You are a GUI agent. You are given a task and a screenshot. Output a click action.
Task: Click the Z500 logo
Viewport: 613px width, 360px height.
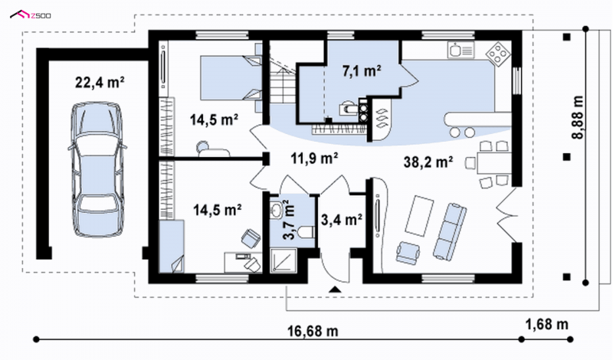(x=30, y=15)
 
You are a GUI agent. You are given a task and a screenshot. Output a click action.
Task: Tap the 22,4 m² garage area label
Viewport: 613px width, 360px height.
(x=100, y=83)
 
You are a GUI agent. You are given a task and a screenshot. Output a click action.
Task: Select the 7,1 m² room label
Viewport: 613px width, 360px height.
(x=362, y=70)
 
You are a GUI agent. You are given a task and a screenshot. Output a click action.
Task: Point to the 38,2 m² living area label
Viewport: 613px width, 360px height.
(x=428, y=162)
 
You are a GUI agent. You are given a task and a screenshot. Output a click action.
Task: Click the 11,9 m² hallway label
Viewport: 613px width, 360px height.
(x=314, y=159)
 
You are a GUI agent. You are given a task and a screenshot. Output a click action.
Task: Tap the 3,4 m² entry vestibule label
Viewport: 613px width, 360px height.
(x=341, y=220)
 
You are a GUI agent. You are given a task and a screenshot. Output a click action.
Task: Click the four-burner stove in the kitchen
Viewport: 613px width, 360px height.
(x=498, y=52)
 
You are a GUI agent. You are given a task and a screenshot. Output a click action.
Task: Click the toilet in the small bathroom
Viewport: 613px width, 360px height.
(x=306, y=231)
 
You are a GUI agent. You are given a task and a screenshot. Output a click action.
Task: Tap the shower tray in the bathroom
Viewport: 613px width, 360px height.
(x=284, y=260)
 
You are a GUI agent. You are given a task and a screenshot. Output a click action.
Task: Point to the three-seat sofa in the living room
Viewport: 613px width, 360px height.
(x=450, y=231)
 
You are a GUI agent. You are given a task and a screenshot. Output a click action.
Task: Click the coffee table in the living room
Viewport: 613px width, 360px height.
(x=419, y=215)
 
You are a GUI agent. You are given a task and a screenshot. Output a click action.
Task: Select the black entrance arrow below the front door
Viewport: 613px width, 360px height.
(x=335, y=290)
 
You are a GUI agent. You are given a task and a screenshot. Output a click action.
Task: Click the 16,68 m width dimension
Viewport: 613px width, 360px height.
(x=313, y=331)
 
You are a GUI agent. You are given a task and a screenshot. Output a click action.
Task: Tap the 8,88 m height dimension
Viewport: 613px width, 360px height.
(x=578, y=117)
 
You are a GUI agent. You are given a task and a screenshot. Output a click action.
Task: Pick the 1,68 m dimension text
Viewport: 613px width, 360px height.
(x=546, y=324)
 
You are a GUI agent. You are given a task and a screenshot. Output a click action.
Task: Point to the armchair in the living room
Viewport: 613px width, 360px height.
(x=408, y=252)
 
